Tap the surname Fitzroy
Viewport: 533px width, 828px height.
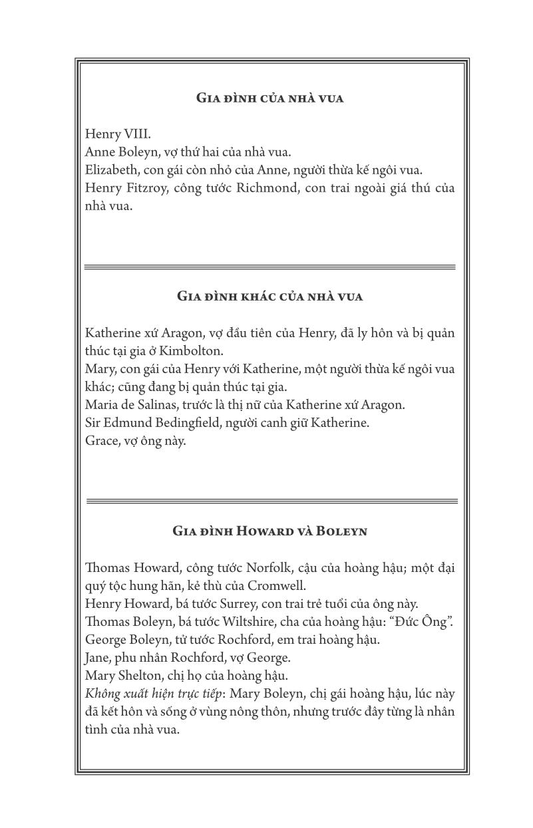pyautogui.click(x=152, y=188)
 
